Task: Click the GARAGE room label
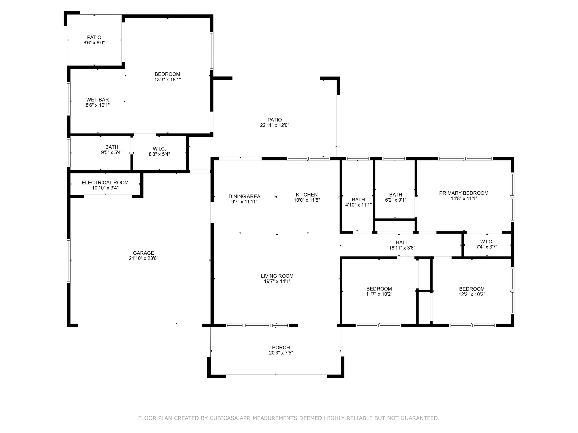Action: click(x=143, y=253)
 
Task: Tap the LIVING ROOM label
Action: click(x=277, y=276)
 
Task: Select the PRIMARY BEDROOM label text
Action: click(x=464, y=193)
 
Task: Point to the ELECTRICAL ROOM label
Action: click(x=105, y=183)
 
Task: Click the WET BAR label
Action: click(x=98, y=100)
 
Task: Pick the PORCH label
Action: click(x=281, y=348)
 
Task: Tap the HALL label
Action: click(x=402, y=242)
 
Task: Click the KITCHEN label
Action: click(x=307, y=195)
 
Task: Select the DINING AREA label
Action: click(x=244, y=197)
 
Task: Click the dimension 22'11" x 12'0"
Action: click(x=275, y=125)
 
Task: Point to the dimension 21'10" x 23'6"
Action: click(x=143, y=258)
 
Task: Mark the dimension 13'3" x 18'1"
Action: click(x=167, y=80)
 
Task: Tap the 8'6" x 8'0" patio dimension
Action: click(x=94, y=42)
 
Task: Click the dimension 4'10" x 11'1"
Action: click(x=359, y=205)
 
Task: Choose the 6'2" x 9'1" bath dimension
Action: click(x=396, y=200)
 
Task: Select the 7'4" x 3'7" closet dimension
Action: click(x=487, y=247)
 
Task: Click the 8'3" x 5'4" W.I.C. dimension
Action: click(x=159, y=154)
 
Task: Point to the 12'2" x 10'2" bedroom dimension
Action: click(x=472, y=294)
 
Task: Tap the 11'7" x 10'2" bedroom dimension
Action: click(x=379, y=294)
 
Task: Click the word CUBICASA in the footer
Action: click(x=223, y=418)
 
